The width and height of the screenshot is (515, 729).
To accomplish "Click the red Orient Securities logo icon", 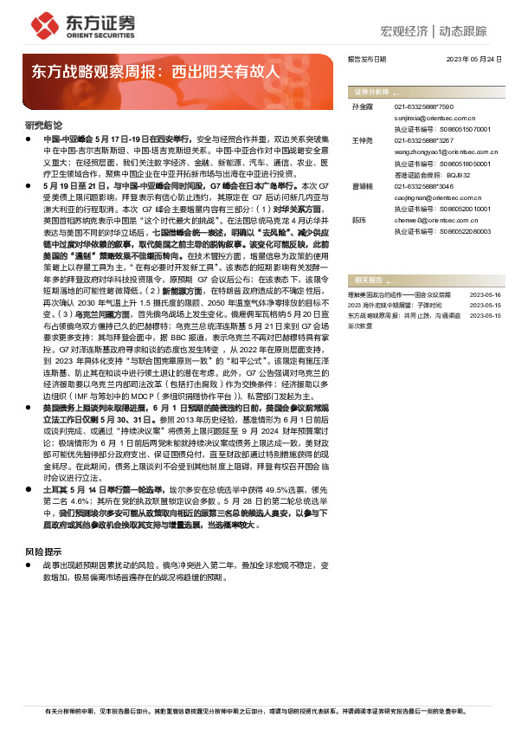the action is point(44,23).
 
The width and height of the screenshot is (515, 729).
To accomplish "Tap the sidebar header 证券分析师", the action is point(370,91).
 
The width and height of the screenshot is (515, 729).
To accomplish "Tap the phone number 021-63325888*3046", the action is point(423,185).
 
